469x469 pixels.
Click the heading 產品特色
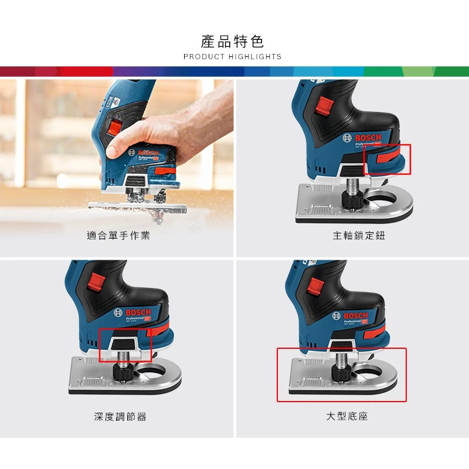point(233,41)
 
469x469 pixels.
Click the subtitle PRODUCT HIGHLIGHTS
point(233,57)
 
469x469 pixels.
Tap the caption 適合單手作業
point(118,236)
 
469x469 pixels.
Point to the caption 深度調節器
point(120,417)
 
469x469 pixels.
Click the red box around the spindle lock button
point(388,159)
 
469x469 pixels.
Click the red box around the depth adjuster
point(125,345)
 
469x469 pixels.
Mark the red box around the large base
point(342,375)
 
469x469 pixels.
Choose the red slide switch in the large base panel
point(314,287)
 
